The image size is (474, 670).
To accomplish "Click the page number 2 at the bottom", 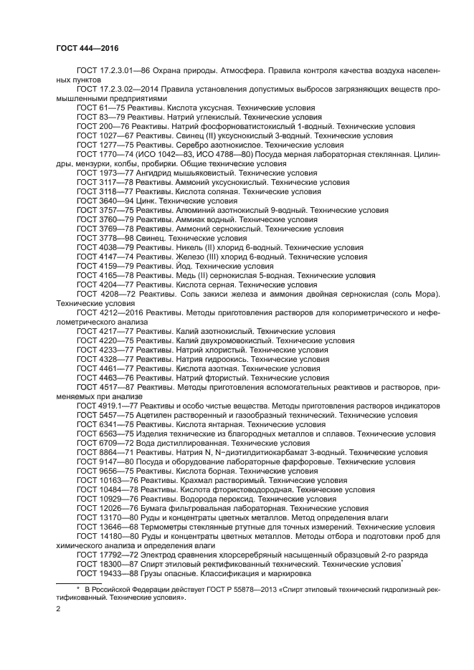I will point(59,609).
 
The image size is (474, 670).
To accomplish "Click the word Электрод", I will point(161,555).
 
